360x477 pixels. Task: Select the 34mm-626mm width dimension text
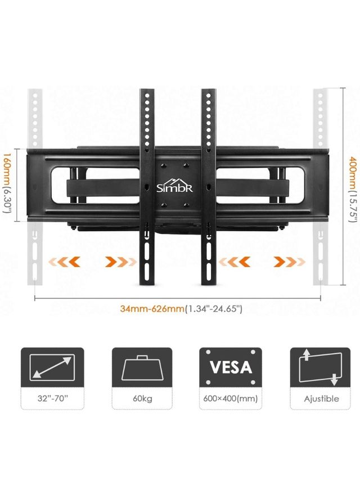[181, 309]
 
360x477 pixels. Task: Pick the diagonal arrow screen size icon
[52, 367]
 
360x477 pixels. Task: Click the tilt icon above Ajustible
[320, 367]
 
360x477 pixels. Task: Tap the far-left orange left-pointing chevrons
[63, 262]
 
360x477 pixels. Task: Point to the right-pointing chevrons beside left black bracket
[120, 262]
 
